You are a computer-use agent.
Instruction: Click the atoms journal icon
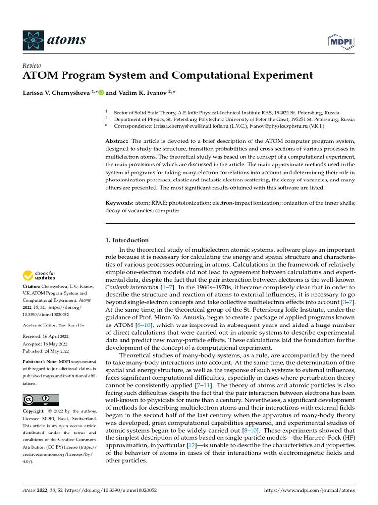pos(32,39)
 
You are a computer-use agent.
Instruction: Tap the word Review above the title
pos(32,66)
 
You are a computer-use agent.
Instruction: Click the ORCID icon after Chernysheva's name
pos(101,92)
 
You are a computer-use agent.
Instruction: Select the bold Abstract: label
pos(118,141)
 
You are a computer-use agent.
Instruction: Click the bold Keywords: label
pos(119,203)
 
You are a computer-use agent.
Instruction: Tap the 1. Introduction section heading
pos(127,240)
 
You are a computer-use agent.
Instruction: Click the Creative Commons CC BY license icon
pos(40,399)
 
